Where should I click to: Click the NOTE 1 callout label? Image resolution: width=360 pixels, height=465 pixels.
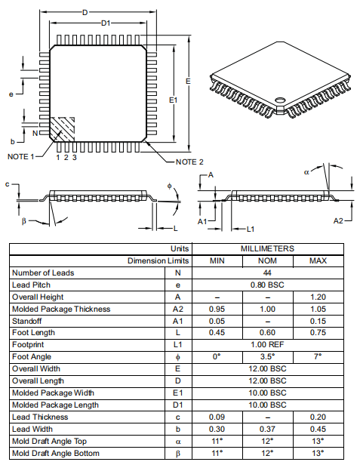coord(20,156)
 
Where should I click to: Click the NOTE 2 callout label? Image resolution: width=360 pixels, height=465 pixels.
coord(189,162)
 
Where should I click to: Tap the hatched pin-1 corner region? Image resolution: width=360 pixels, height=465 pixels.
coord(63,129)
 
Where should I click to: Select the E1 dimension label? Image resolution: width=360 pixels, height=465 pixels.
coord(173,100)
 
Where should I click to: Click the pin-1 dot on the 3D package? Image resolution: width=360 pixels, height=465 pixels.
coord(280,99)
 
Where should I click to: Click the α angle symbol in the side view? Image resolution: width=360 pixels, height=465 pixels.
coord(307,172)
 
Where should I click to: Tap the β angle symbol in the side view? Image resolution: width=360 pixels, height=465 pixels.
coord(24,221)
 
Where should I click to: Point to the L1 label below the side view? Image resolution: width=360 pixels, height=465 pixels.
coord(252,229)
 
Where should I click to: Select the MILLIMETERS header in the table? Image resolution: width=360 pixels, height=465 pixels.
coord(267,248)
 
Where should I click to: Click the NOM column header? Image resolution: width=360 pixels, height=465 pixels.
coord(267,260)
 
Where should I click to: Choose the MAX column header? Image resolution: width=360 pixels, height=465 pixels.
coord(318,260)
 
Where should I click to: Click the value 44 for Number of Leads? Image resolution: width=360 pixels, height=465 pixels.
coord(267,273)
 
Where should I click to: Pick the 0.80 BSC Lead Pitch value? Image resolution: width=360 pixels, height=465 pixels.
coord(267,285)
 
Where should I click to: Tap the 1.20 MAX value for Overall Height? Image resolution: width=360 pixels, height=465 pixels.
coord(318,297)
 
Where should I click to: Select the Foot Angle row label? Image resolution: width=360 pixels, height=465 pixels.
coord(32,356)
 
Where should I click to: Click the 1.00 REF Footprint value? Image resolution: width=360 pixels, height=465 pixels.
coord(267,344)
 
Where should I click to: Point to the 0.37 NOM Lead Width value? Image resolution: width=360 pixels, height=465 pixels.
coord(267,429)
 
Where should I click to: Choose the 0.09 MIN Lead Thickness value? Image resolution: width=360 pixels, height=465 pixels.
coord(217,417)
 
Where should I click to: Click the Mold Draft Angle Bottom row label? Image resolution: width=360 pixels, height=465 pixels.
coord(57,453)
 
